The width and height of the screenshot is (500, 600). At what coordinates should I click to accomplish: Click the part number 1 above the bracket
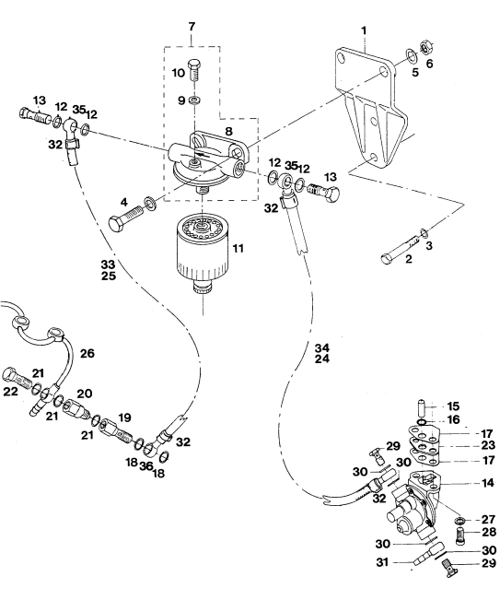(364, 30)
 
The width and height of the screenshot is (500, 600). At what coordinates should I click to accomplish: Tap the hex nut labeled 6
(426, 47)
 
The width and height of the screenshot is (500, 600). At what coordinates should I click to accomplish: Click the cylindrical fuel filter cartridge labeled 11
(202, 254)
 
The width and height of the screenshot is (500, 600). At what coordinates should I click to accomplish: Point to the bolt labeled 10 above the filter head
(195, 69)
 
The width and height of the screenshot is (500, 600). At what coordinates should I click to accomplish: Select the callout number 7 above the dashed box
(192, 27)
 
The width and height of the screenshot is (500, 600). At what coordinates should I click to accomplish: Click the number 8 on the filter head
(228, 131)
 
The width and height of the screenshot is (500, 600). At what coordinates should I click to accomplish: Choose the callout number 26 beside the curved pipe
(87, 353)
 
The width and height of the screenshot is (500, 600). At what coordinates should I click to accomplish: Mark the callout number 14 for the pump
(488, 483)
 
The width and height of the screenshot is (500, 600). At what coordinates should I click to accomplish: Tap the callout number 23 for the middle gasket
(488, 445)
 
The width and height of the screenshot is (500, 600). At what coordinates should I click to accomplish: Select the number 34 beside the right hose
(322, 347)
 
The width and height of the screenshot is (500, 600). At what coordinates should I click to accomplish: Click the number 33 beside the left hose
(108, 264)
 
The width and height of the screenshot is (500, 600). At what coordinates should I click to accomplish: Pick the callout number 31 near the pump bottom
(383, 562)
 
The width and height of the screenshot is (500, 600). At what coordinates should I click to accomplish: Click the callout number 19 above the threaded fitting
(124, 418)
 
